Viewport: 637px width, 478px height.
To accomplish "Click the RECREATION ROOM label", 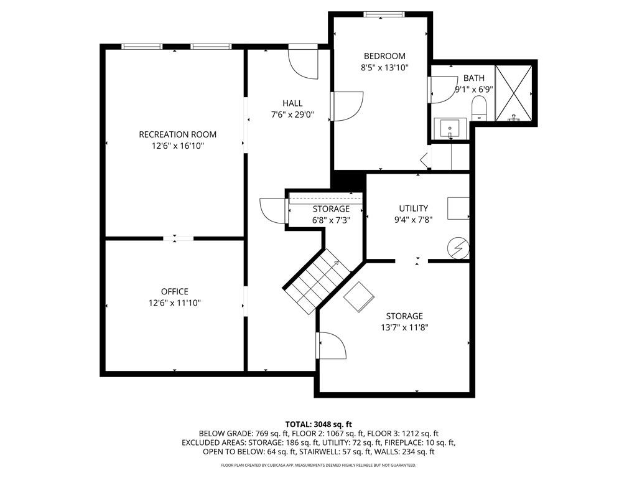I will [x=177, y=134].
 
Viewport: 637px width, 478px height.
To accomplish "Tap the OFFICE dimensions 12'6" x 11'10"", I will [x=174, y=303].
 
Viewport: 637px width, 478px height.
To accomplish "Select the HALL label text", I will [x=292, y=103].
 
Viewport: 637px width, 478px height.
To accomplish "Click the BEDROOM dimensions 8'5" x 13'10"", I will [x=384, y=68].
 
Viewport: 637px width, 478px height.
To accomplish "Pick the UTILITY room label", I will [x=414, y=209].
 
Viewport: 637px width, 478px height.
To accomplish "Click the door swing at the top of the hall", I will [x=304, y=63].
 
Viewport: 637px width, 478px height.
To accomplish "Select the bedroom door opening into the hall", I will [x=347, y=106].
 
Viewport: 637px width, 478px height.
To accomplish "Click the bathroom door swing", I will [x=442, y=89].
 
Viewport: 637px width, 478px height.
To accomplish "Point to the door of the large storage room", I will [x=331, y=345].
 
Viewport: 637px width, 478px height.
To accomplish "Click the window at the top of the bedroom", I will [x=384, y=14].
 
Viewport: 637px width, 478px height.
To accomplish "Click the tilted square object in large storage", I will [x=359, y=296].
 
